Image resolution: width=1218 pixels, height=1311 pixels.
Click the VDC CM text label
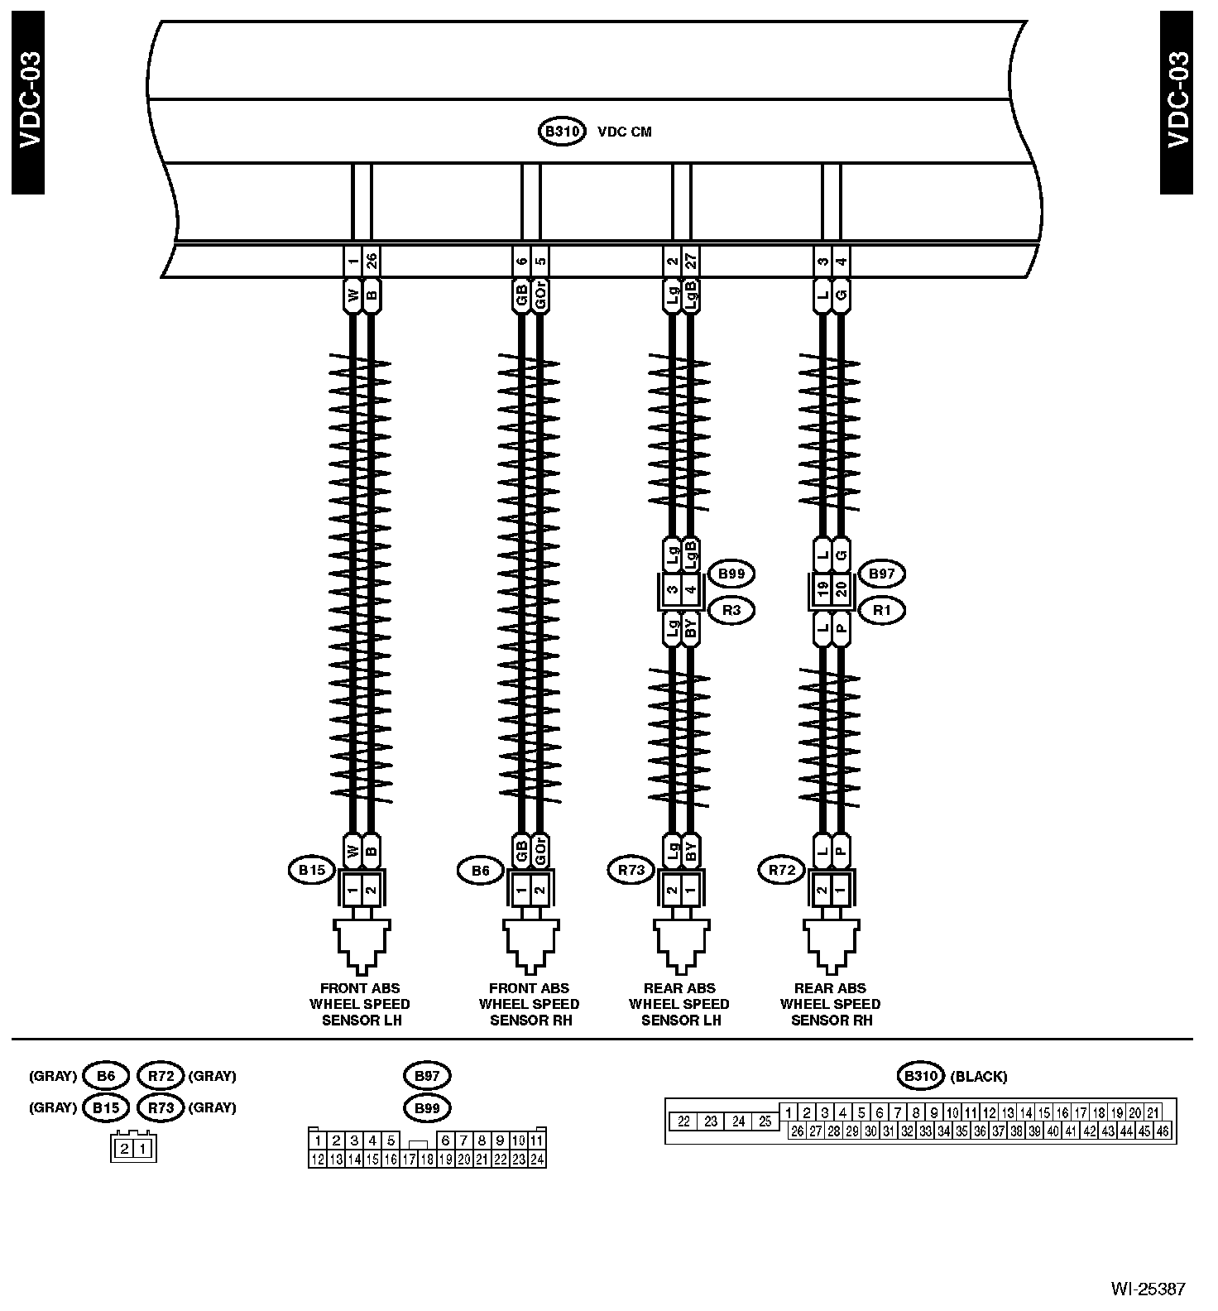pyautogui.click(x=624, y=132)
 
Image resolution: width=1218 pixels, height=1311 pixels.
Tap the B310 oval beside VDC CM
pyautogui.click(x=562, y=132)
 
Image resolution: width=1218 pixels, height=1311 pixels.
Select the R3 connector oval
pyautogui.click(x=731, y=611)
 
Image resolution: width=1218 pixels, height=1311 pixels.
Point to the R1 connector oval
pyautogui.click(x=882, y=611)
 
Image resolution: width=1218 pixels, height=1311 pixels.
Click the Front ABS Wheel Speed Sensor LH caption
pyautogui.click(x=361, y=1004)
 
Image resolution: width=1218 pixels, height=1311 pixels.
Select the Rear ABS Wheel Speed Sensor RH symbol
pyautogui.click(x=831, y=944)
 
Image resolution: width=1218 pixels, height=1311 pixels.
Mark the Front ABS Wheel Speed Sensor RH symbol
pyautogui.click(x=530, y=944)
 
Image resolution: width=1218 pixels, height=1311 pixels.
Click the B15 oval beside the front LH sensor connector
pyautogui.click(x=312, y=870)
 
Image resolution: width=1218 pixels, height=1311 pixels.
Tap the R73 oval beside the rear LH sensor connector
pyautogui.click(x=631, y=870)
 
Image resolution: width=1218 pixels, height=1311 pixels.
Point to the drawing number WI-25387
pyautogui.click(x=1148, y=1289)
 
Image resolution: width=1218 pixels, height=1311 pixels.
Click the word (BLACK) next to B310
pyautogui.click(x=978, y=1077)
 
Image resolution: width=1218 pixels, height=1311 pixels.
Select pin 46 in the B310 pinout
pyautogui.click(x=1163, y=1131)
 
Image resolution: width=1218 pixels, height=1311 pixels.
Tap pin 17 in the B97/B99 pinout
pyautogui.click(x=409, y=1160)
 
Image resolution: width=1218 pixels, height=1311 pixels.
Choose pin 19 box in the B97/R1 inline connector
pyautogui.click(x=822, y=590)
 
